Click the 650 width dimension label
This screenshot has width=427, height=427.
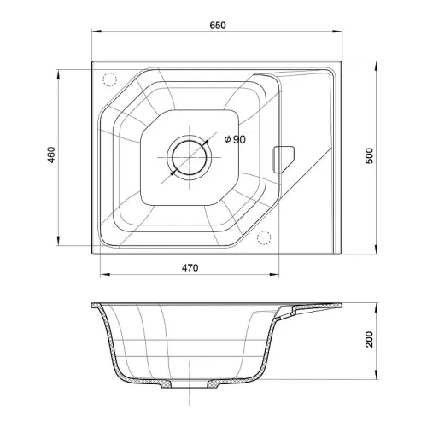pos(218,26)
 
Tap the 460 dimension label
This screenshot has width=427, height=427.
pos(51,155)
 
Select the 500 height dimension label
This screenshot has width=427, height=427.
pos(369,155)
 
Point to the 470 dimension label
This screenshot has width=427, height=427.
pos(190,268)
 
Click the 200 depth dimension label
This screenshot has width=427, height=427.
pos(369,339)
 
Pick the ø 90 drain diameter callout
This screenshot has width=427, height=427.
pos(235,139)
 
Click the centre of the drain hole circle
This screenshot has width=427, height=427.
pos(190,157)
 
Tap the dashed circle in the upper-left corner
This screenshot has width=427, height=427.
pos(109,79)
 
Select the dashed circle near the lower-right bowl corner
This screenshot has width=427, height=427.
pos(264,237)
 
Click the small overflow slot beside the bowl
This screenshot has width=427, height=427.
pos(284,160)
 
